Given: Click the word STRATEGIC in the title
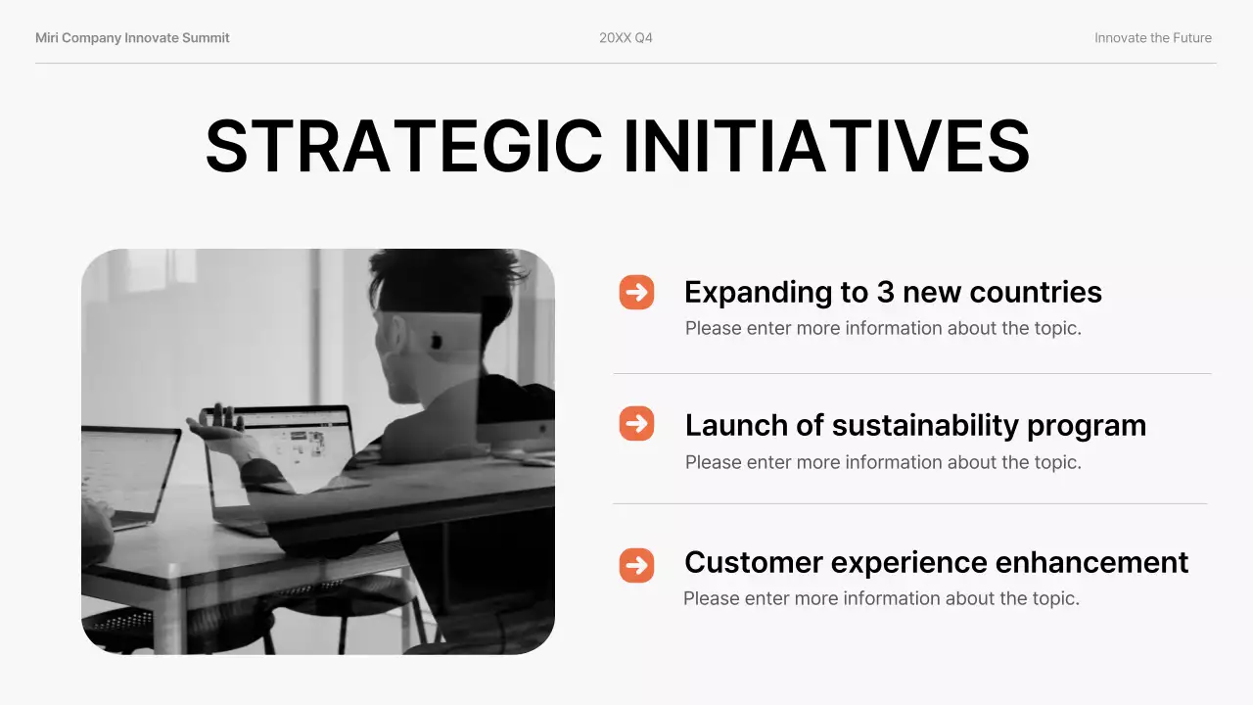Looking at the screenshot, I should pyautogui.click(x=403, y=147).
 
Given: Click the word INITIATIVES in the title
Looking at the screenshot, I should pyautogui.click(x=826, y=147).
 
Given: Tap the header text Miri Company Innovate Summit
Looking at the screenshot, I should pyautogui.click(x=132, y=38).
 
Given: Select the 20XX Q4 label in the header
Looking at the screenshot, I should pyautogui.click(x=626, y=38).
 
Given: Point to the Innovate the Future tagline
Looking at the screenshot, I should pyautogui.click(x=1152, y=38).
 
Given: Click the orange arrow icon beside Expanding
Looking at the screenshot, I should pyautogui.click(x=636, y=292).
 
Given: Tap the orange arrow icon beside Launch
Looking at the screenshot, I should pyautogui.click(x=636, y=424).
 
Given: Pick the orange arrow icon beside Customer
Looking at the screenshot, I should pyautogui.click(x=636, y=565).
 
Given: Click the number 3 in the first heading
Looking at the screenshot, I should pyautogui.click(x=882, y=293).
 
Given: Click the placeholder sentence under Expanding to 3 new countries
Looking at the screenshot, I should pyautogui.click(x=882, y=328).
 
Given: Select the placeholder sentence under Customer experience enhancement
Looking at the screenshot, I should pyautogui.click(x=880, y=598).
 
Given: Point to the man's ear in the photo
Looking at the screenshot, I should pyautogui.click(x=436, y=341).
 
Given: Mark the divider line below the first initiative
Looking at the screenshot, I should pyautogui.click(x=911, y=374).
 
